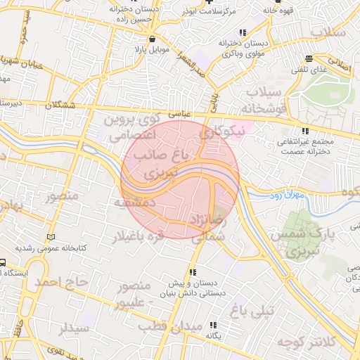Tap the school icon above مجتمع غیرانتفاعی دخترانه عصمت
[x=304, y=131]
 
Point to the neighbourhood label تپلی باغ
[x=257, y=308]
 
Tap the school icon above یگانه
[x=212, y=324]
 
